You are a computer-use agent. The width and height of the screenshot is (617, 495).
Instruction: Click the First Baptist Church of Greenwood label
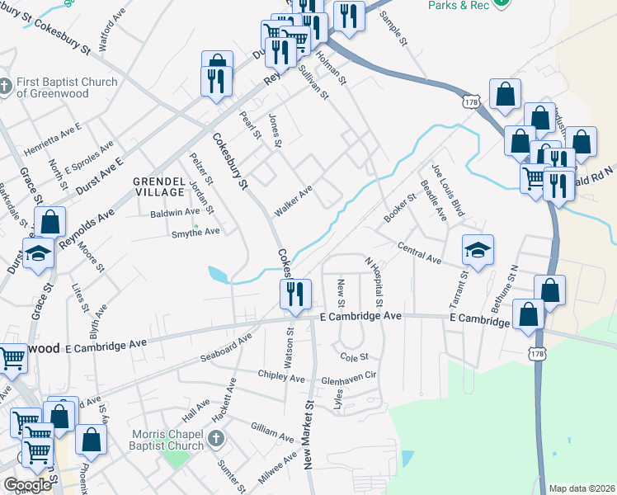pos(66,87)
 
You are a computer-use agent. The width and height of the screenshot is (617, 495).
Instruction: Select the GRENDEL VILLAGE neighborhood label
pos(160,186)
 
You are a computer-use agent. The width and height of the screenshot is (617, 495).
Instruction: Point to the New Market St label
pos(310,434)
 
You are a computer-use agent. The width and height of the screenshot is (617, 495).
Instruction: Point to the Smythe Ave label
pos(195,233)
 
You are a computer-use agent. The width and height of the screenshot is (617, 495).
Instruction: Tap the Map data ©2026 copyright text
pos(582,488)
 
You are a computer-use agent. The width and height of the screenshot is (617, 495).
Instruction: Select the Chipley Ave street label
pos(282,377)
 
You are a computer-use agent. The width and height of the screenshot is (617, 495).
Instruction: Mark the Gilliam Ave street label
pos(272,430)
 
